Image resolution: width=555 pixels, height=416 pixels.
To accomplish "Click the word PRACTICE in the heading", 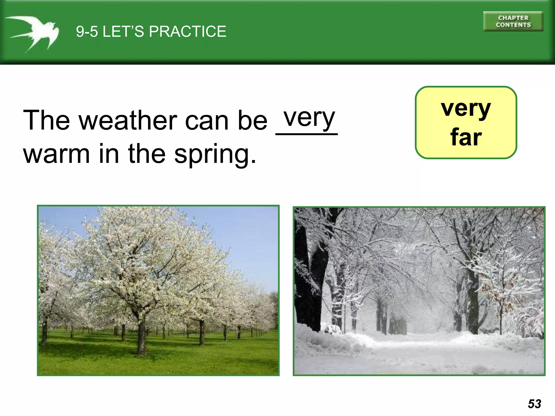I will (188, 31).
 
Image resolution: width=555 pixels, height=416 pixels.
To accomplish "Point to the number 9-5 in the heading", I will (87, 31).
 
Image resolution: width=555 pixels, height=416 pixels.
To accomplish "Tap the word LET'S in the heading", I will (123, 31).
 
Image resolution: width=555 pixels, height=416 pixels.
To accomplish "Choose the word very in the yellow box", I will (466, 108).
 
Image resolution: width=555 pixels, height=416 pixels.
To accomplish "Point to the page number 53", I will (534, 404).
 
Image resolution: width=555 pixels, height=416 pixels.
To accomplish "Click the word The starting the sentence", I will (46, 120).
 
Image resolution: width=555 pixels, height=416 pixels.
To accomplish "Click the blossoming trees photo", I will (158, 290).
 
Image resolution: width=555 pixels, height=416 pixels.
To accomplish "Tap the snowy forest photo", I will (419, 291).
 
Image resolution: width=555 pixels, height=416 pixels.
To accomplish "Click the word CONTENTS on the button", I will (513, 25).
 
